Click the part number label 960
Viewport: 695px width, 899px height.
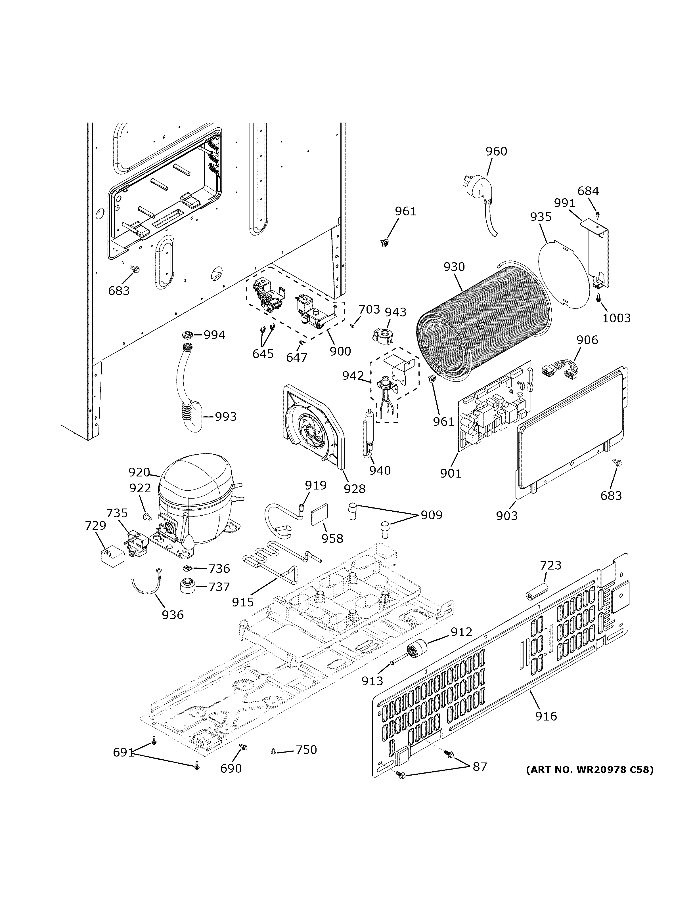(496, 152)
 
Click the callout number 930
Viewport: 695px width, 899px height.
(454, 267)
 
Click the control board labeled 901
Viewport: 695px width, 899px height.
(494, 408)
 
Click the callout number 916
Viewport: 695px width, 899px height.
(546, 716)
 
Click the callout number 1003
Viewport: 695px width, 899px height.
(616, 318)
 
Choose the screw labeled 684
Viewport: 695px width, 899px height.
(597, 214)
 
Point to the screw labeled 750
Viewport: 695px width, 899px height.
(273, 752)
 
